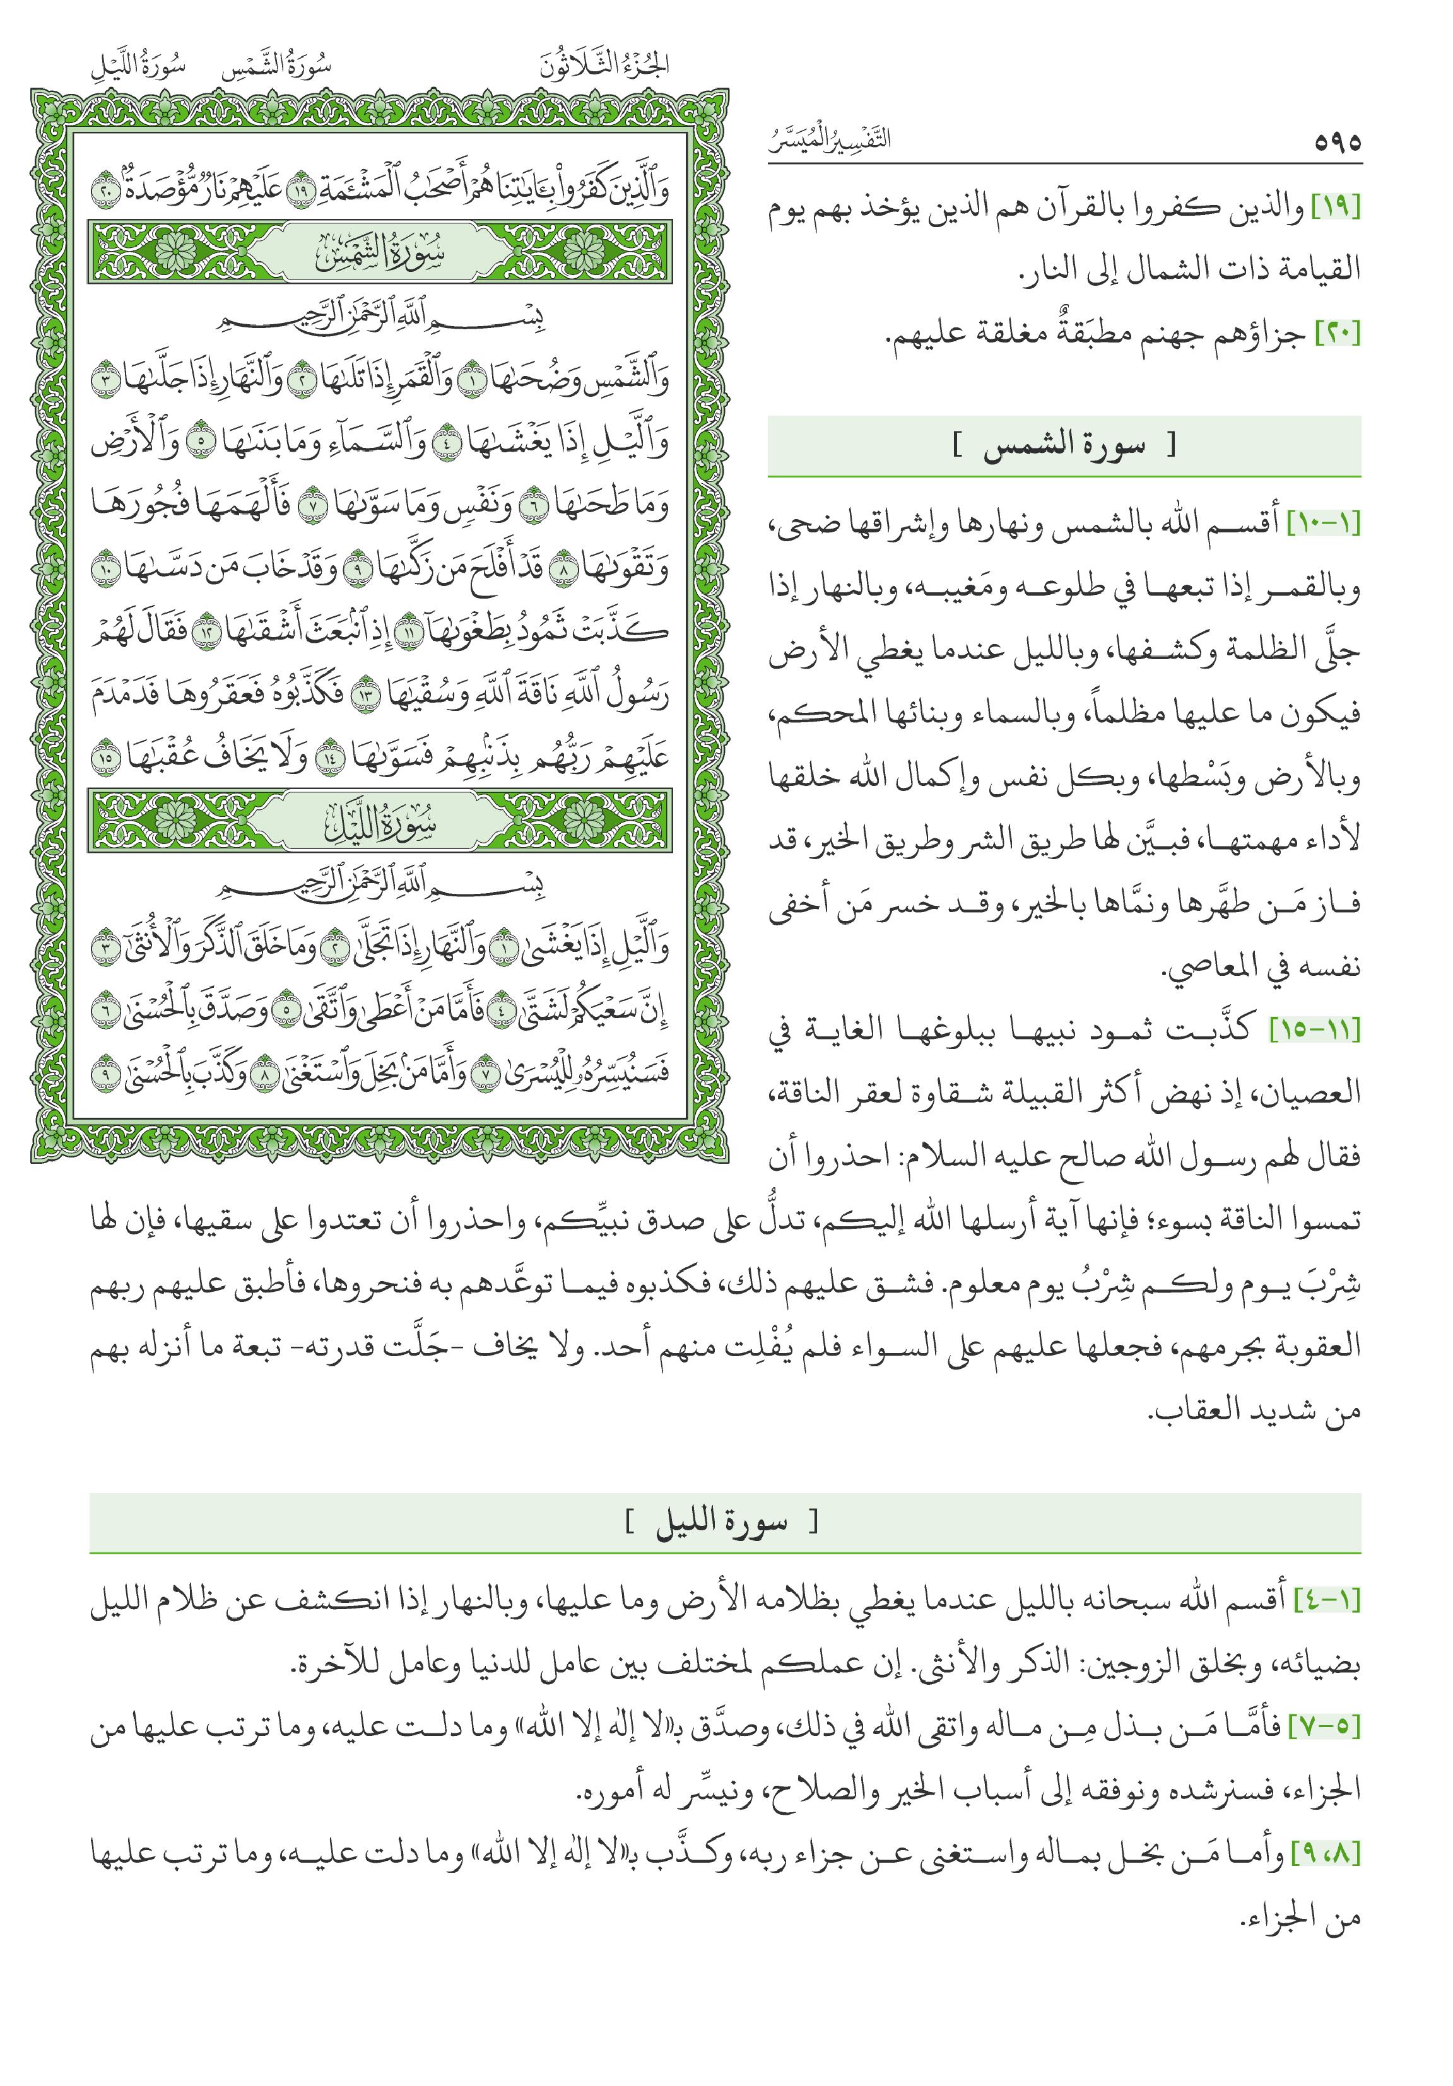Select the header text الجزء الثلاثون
coord(604,66)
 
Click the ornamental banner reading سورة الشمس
coord(380,252)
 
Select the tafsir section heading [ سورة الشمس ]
coord(1064,446)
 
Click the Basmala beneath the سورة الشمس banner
coord(380,322)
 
